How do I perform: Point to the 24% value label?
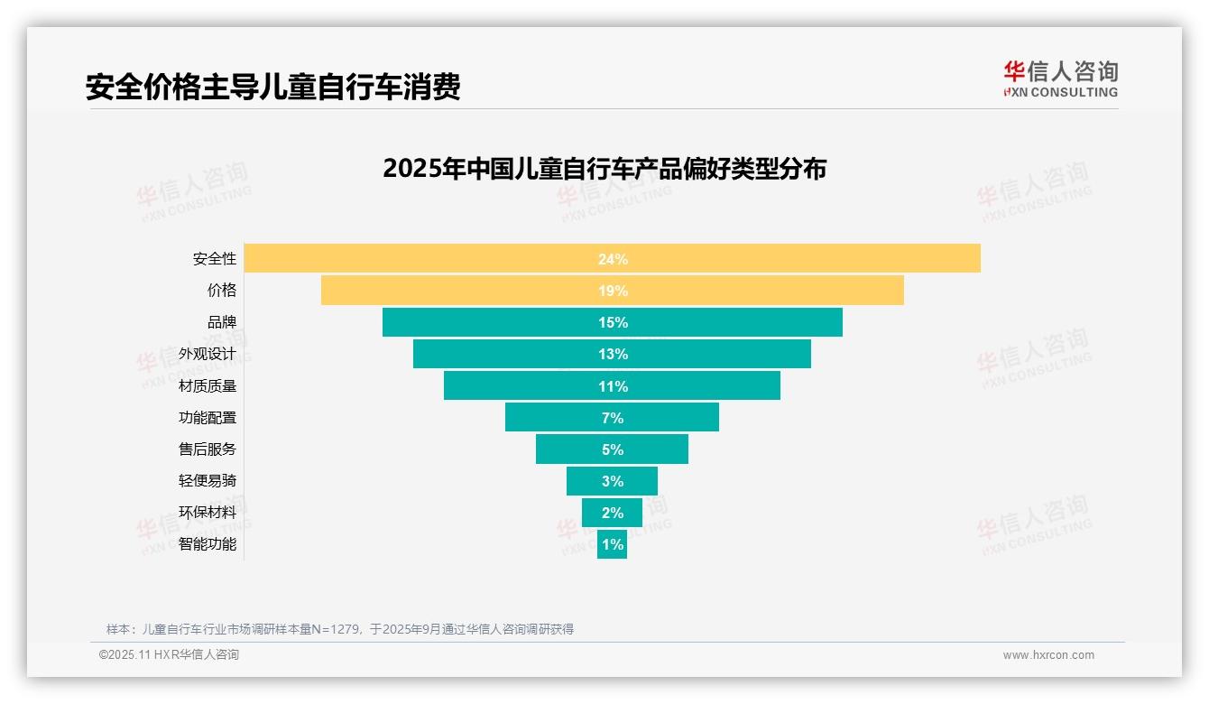click(x=612, y=259)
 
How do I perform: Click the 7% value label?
click(x=612, y=418)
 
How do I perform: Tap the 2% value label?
click(x=612, y=513)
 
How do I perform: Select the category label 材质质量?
click(x=208, y=385)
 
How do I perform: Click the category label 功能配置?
click(x=208, y=418)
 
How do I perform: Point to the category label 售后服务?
click(x=208, y=449)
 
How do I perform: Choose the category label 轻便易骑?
click(x=208, y=481)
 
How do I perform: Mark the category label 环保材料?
click(x=208, y=513)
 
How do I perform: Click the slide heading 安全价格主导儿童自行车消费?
click(x=272, y=87)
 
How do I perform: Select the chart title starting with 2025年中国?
click(x=604, y=169)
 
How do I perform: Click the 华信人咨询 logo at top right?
click(x=1060, y=79)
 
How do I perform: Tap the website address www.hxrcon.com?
click(x=1048, y=655)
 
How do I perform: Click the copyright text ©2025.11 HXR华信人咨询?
click(x=169, y=655)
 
